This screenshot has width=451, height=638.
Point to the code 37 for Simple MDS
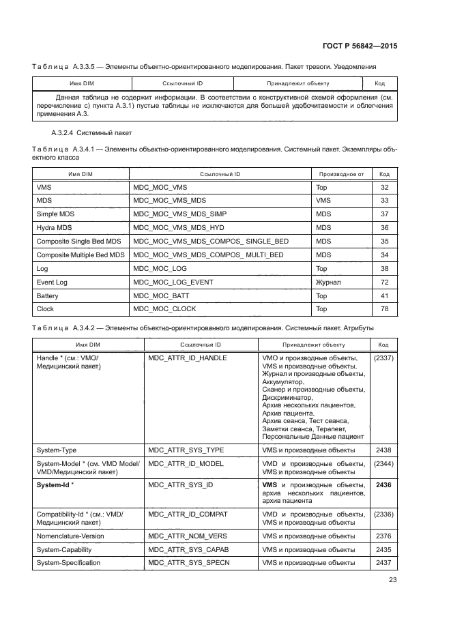[384, 214]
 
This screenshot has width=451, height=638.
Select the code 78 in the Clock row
[384, 309]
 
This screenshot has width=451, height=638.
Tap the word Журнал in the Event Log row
[328, 282]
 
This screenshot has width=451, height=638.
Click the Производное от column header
[341, 174]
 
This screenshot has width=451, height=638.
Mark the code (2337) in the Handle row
[383, 358]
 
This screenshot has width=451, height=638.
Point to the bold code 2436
[383, 484]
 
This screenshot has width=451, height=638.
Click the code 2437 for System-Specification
[383, 563]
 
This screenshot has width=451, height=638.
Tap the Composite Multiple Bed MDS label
[80, 255]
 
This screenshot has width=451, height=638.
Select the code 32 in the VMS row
[384, 186]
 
